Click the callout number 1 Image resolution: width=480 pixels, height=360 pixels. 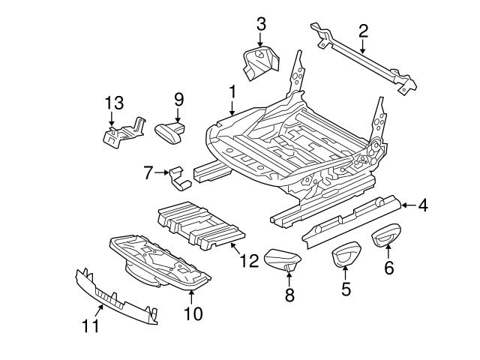click(232, 91)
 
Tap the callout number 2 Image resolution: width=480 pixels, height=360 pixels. click(363, 31)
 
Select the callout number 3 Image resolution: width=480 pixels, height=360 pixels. click(260, 23)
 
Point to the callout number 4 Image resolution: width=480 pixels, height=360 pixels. click(423, 205)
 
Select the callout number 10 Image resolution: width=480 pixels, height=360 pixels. click(193, 313)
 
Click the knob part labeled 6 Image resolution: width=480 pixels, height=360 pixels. click(386, 235)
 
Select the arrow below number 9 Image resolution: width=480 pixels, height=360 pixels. click(178, 115)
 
